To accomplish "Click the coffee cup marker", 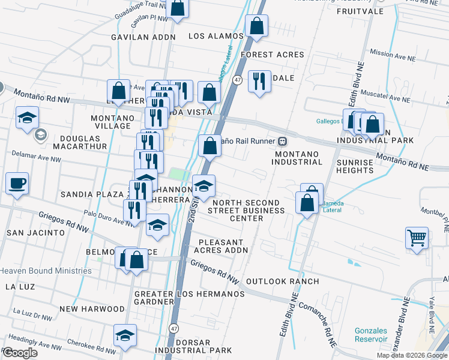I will pyautogui.click(x=17, y=183).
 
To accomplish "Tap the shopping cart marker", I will pyautogui.click(x=417, y=238).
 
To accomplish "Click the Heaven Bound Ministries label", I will pyautogui.click(x=46, y=271).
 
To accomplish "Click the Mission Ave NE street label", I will pyautogui.click(x=393, y=53).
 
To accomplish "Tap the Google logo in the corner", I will pyautogui.click(x=20, y=353).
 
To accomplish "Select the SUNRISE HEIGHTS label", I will pyautogui.click(x=355, y=166).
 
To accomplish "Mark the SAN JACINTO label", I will pyautogui.click(x=35, y=232).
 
